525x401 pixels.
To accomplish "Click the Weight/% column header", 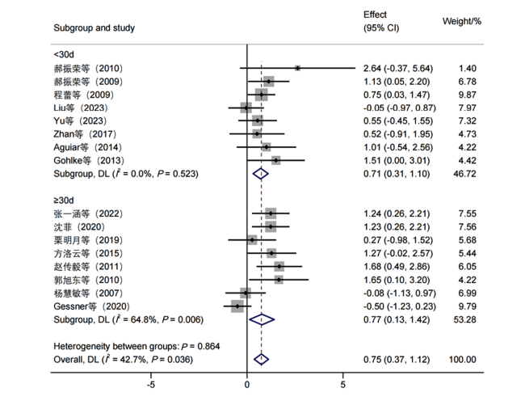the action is point(462,22).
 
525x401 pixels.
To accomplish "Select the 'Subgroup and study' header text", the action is point(94,27).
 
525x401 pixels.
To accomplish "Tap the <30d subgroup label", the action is point(64,54).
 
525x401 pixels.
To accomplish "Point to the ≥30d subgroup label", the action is point(64,200).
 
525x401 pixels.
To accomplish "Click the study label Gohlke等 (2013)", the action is point(89,160).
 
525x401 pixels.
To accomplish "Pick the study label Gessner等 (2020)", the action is point(91,306).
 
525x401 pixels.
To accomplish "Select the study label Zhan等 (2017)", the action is point(85,134).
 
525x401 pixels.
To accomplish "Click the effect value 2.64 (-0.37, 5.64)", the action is point(398,69).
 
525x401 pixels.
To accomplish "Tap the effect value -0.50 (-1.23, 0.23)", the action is point(400,306).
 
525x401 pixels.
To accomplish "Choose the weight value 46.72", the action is point(464,174).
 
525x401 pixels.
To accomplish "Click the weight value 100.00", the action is point(462,360).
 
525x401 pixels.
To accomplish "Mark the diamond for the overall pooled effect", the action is point(261,360).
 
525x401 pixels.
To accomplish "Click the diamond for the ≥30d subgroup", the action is point(262,319).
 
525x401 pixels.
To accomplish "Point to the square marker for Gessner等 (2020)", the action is point(237,306).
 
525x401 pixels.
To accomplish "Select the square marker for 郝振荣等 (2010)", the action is point(298,69).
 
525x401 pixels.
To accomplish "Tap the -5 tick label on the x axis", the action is point(151,385).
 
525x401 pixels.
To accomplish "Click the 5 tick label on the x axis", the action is point(342,385).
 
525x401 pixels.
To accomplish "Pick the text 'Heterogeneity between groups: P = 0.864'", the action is point(136,346).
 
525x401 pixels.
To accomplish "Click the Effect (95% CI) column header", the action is point(381,21).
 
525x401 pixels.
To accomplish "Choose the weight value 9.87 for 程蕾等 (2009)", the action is point(468,95).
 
